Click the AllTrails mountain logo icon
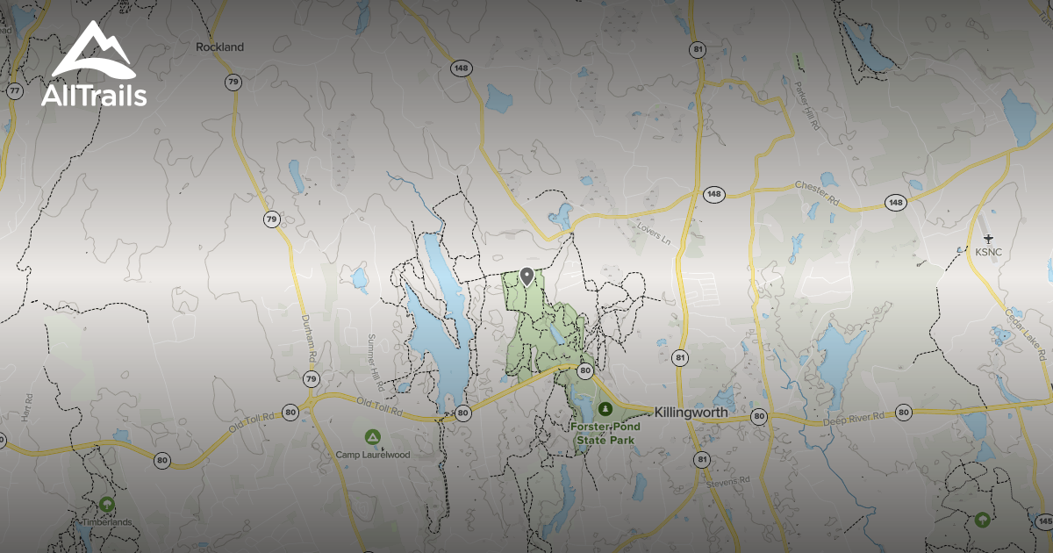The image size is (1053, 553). (x=92, y=53)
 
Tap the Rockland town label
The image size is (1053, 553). (x=219, y=47)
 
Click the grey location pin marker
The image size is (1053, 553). (x=526, y=276)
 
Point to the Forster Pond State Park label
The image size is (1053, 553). (x=605, y=433)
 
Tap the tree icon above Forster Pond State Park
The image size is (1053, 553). (x=605, y=409)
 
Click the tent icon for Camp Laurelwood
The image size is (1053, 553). (x=372, y=436)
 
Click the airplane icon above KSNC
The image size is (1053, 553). (x=989, y=238)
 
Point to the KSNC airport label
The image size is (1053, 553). (x=989, y=252)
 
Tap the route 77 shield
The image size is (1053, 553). (x=14, y=91)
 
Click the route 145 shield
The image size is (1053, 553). (x=1043, y=522)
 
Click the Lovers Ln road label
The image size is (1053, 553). (x=654, y=234)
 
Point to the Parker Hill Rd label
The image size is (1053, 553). (x=806, y=106)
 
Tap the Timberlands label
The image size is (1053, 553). (x=107, y=522)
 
